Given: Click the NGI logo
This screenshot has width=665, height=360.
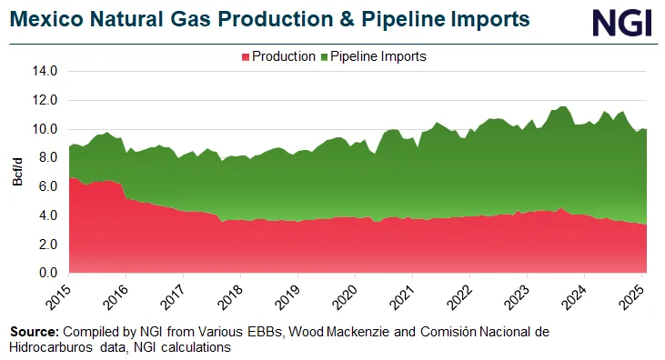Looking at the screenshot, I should [x=622, y=22].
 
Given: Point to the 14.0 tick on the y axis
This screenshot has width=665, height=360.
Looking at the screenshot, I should [x=44, y=70].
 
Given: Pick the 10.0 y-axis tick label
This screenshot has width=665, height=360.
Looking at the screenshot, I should [x=44, y=128].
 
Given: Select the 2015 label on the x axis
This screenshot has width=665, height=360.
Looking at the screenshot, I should [x=57, y=296].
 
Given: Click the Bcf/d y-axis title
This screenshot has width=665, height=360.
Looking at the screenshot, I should [x=17, y=172].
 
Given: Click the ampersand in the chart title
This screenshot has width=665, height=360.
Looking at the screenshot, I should [x=307, y=21].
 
